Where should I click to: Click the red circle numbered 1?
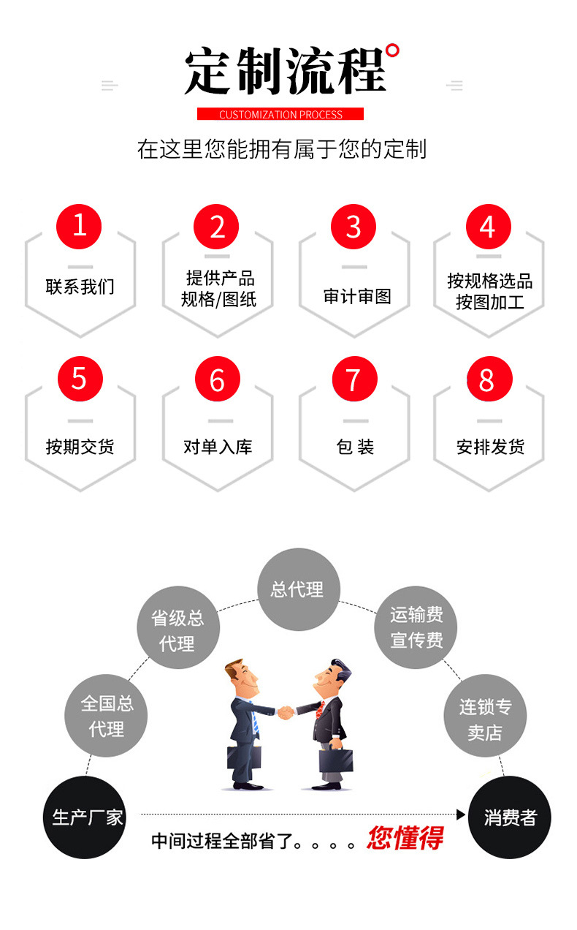[79, 225]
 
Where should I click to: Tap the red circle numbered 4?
[489, 227]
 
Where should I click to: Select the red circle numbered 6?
[217, 379]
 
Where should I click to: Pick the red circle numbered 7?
[354, 379]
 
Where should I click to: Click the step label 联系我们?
[80, 287]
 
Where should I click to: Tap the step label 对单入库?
[218, 447]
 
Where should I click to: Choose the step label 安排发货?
[490, 447]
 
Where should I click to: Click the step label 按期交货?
[80, 447]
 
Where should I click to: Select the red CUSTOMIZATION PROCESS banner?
[280, 114]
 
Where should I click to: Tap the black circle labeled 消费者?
[509, 817]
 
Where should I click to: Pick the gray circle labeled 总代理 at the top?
[298, 589]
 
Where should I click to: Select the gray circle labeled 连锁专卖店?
[485, 719]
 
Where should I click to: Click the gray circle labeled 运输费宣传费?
[416, 627]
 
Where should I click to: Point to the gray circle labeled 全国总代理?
[107, 716]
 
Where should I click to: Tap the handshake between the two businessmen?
[286, 711]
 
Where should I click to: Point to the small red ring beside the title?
[392, 51]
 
